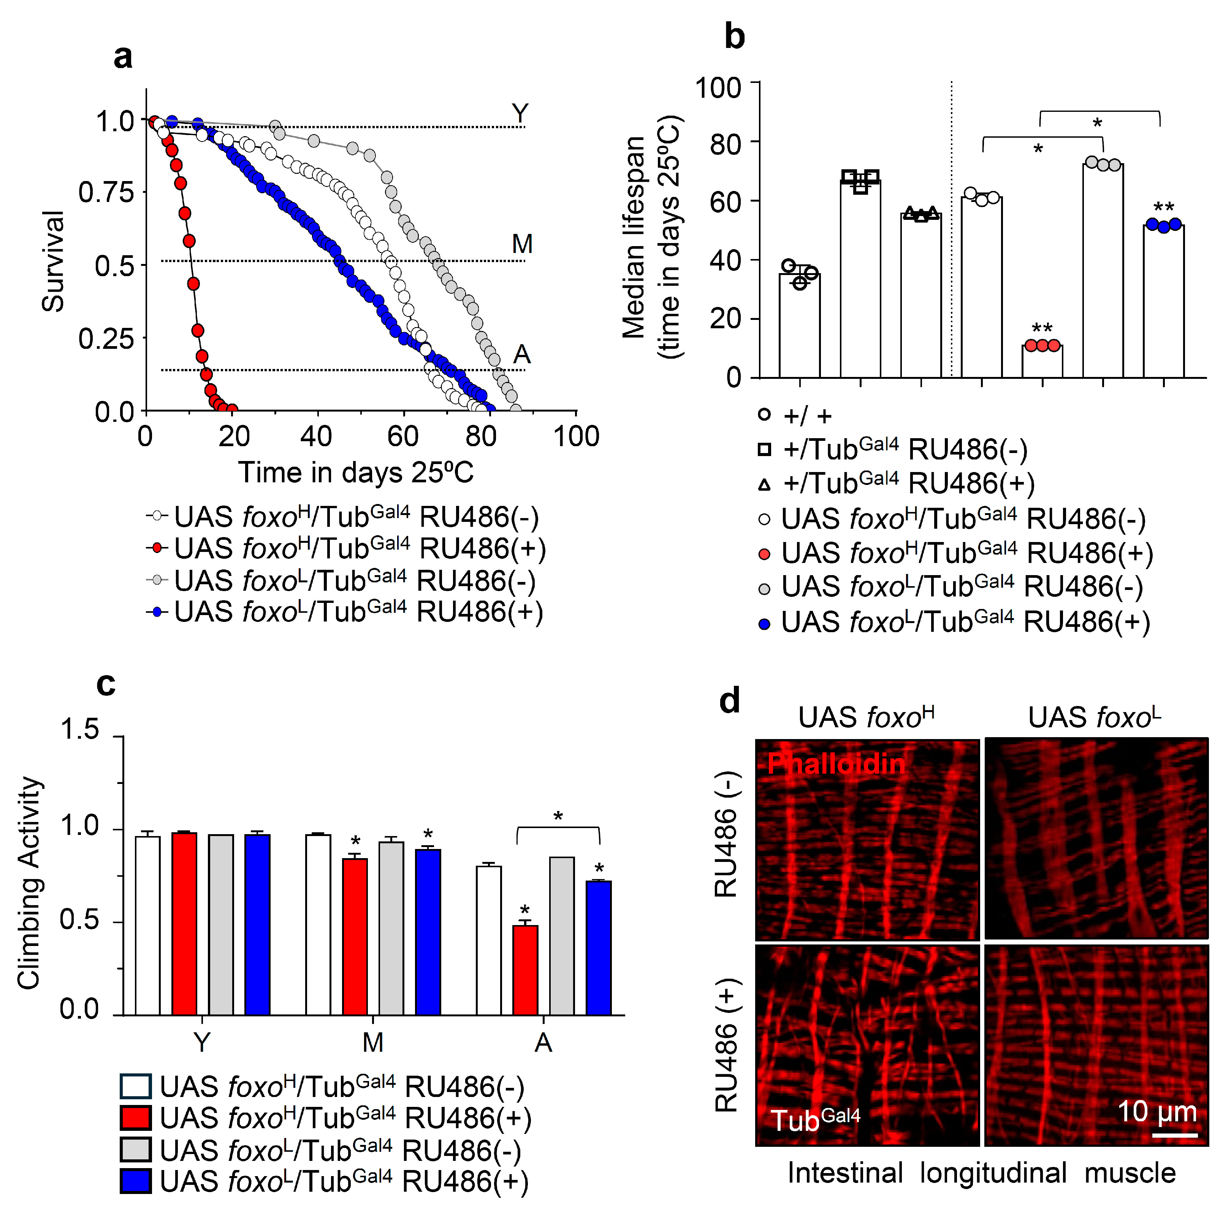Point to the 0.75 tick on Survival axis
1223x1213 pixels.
click(106, 192)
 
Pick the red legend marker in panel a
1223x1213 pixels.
click(157, 548)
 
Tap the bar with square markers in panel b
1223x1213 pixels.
click(860, 279)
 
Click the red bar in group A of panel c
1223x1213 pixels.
click(525, 971)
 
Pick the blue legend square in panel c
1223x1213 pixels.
click(135, 1181)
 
